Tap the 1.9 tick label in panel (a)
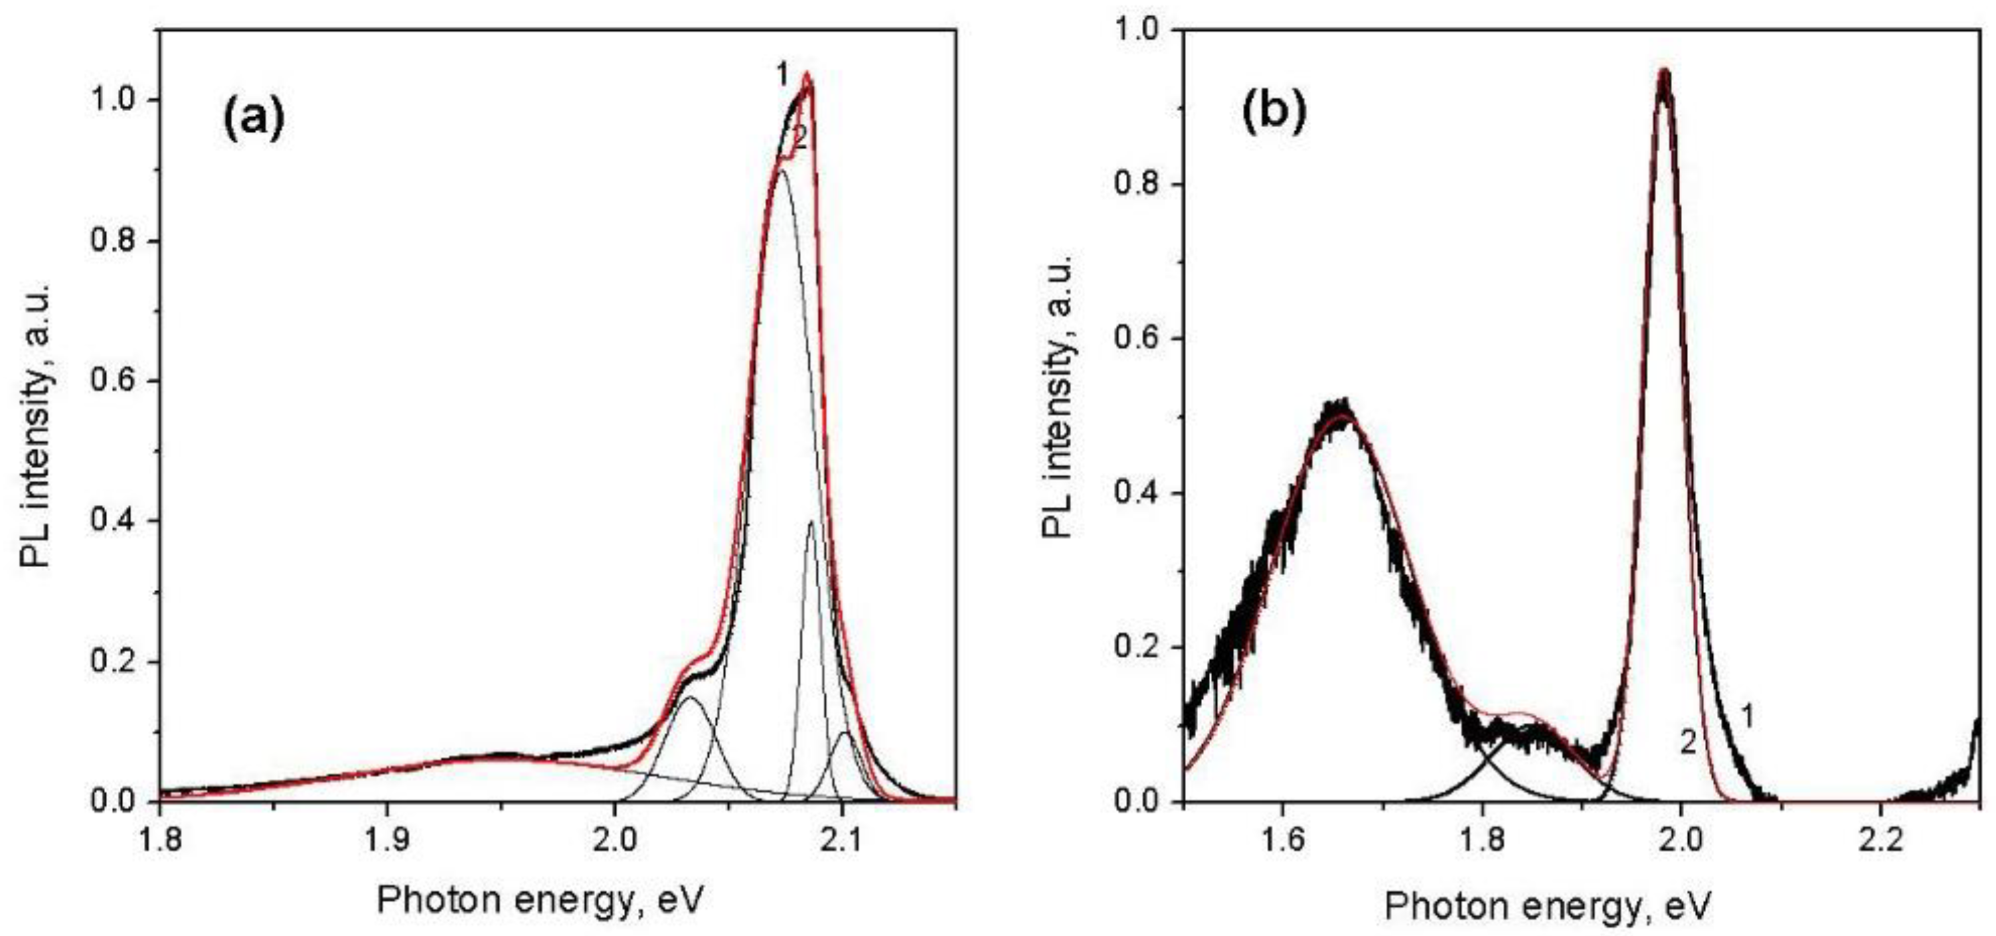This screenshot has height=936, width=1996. (386, 840)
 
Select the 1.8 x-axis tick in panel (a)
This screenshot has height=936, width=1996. (159, 840)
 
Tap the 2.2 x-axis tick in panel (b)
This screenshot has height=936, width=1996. (1880, 840)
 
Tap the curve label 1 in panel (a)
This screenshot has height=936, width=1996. (782, 76)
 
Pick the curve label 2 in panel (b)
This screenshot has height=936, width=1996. (1687, 743)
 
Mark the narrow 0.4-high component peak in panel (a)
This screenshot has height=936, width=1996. (811, 524)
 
